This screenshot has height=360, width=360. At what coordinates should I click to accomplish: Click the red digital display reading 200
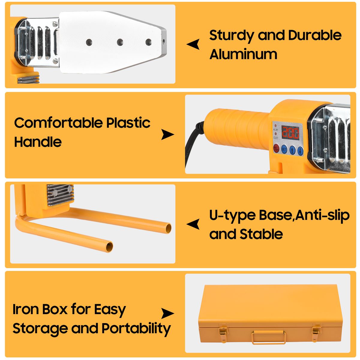[x=290, y=133]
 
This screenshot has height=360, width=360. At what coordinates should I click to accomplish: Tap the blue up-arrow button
[x=292, y=150]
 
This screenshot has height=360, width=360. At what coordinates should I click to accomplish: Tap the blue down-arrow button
[x=300, y=151]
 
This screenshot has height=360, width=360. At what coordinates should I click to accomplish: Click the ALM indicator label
[x=275, y=130]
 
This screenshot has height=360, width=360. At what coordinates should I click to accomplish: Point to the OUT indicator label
[x=276, y=138]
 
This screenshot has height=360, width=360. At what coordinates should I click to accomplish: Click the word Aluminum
[x=243, y=54]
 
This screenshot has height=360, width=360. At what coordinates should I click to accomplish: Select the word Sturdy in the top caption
[x=231, y=36]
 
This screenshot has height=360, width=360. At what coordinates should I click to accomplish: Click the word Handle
[x=38, y=142]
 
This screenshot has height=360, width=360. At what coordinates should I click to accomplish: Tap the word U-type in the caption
[x=232, y=216]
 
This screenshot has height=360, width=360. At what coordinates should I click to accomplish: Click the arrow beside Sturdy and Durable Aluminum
[x=193, y=44]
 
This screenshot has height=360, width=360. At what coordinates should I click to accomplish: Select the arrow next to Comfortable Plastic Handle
[x=168, y=134]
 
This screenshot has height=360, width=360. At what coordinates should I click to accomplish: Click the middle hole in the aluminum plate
[x=120, y=42]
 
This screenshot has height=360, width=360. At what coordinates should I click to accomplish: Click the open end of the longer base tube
[x=168, y=229]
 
